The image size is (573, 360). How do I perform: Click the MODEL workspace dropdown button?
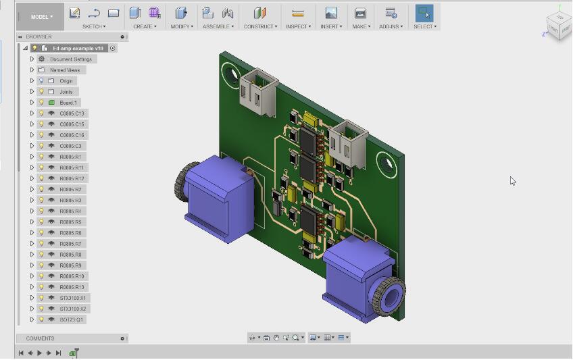coord(41,17)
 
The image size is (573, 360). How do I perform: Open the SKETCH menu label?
coord(93,27)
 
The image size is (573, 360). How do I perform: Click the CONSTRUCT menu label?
coord(260,27)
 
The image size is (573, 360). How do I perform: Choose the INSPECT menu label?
coord(297,27)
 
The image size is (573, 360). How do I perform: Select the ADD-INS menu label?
coord(391,27)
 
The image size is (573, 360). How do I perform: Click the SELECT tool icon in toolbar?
coord(424,13)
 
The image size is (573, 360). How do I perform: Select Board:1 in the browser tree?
coord(68,103)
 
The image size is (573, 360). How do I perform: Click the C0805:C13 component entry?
coord(72,113)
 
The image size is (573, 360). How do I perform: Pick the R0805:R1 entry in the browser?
coord(70,157)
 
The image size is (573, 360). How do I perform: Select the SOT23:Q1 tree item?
coord(71,319)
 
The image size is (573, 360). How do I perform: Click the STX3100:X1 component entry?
coord(72,298)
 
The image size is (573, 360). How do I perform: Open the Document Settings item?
coord(70,59)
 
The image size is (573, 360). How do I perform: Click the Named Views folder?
coord(64,70)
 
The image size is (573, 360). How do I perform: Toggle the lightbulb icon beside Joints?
coord(41,92)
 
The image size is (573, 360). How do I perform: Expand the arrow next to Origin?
coord(32,81)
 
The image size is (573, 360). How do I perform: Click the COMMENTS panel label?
coord(40,338)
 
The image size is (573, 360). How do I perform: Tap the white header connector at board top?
coord(257,89)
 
